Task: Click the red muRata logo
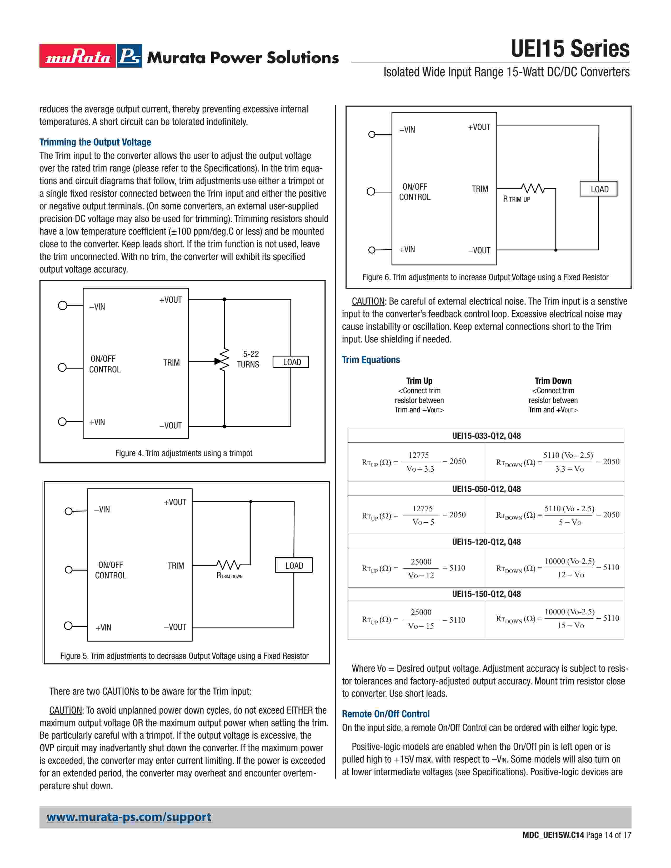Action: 78,56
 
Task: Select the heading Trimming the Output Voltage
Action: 95,142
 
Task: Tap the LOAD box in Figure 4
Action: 291,362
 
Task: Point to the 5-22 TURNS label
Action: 248,359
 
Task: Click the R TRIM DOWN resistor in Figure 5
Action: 228,565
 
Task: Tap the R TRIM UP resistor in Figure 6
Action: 532,188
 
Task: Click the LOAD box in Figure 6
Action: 598,189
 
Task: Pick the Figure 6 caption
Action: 485,277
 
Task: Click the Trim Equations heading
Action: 371,360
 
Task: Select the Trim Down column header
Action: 553,381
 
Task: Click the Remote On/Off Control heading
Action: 385,714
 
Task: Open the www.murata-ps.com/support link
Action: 129,817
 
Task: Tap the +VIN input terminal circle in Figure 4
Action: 62,421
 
